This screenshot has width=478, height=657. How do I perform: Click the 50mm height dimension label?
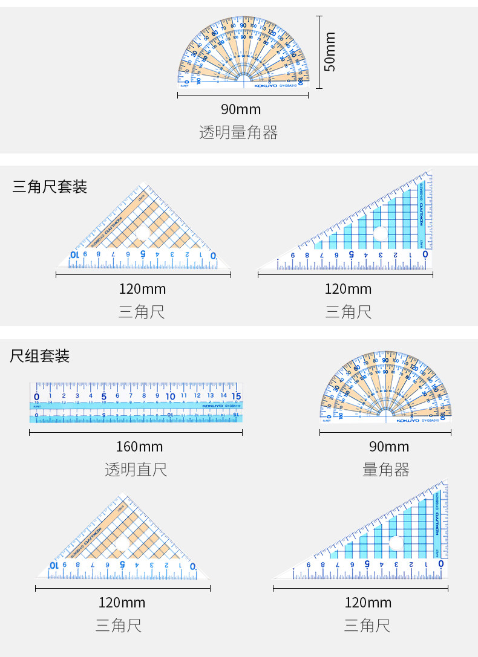coord(330,52)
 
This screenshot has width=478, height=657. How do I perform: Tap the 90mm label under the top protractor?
coord(241,109)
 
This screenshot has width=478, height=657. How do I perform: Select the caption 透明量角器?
coord(238,132)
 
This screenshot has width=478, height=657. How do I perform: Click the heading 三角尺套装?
coord(50,187)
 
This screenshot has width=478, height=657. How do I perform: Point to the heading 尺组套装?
coord(40,356)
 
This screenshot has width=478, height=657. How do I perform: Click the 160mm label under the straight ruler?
coord(139,447)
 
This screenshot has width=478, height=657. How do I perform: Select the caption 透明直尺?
coord(136,470)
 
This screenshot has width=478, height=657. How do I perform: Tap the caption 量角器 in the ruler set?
coord(386,470)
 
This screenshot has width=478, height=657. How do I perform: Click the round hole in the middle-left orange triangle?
coord(143,234)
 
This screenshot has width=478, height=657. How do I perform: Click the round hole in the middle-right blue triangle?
coord(380,234)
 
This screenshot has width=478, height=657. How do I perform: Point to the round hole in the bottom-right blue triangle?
coord(396,543)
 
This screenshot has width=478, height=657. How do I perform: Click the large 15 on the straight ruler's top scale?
coord(237,396)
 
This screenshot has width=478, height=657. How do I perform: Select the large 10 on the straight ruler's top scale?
coord(171,396)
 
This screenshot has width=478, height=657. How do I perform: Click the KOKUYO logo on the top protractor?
coord(265,86)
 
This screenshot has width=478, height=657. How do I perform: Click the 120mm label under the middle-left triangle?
coord(143,289)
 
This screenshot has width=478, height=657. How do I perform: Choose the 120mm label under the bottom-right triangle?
coord(368,603)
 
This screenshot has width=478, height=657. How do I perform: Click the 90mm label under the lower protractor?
coord(389,447)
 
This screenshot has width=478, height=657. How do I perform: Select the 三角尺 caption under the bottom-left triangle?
coord(119,626)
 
